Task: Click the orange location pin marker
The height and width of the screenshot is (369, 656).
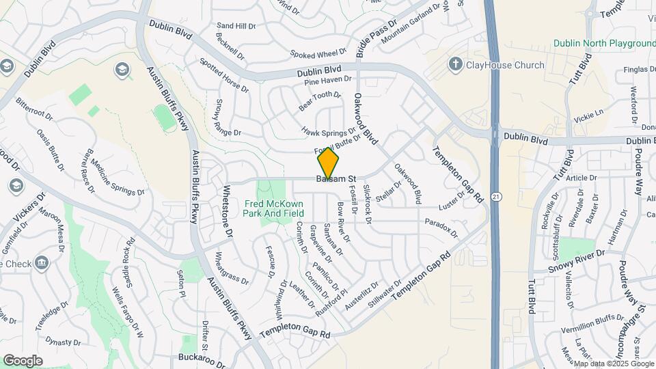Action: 329,163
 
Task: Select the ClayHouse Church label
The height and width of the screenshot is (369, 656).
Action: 505,66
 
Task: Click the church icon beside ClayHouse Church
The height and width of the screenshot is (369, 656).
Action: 455,65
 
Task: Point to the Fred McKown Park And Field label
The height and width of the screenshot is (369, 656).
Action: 274,208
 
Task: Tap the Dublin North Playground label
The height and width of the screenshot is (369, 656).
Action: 604,44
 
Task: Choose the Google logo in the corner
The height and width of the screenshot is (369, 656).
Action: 23,360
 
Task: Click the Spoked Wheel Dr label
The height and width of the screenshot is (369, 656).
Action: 318,53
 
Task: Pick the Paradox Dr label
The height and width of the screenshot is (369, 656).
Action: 441,227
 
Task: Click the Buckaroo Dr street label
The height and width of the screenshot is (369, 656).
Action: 202,357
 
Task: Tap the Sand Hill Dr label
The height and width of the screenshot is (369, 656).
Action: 236,26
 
